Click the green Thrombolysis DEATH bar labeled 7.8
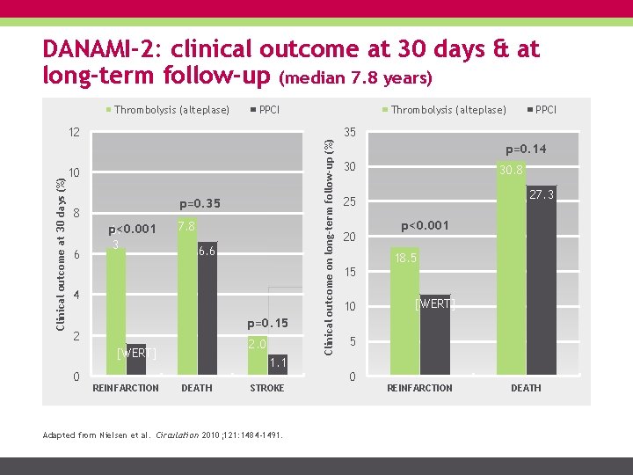(x=186, y=299)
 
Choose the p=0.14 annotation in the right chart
(x=525, y=150)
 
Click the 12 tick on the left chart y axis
(x=75, y=133)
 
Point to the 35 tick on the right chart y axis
(x=350, y=133)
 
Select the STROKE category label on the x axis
(x=267, y=388)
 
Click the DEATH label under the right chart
(x=526, y=388)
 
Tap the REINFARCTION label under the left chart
(x=126, y=388)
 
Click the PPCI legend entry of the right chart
(x=545, y=110)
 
